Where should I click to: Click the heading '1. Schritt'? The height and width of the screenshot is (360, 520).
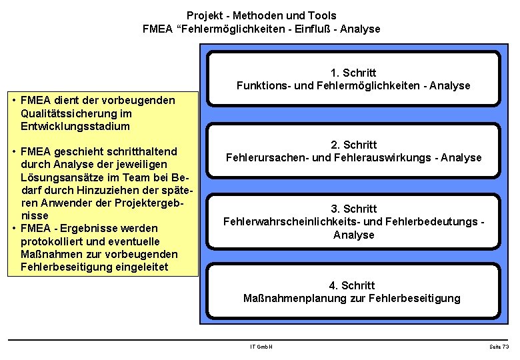[353, 73]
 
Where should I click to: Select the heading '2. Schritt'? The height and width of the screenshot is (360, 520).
[353, 145]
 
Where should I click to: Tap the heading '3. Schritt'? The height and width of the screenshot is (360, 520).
[353, 209]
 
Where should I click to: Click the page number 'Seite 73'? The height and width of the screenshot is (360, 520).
[498, 347]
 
